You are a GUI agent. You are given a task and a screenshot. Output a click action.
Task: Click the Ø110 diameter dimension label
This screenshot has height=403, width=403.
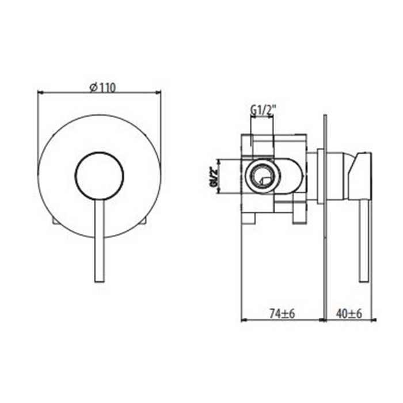[x=102, y=88]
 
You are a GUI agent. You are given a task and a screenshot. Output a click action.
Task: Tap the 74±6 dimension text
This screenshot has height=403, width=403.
[x=282, y=314]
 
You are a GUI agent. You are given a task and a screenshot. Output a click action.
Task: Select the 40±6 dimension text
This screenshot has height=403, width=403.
[x=349, y=314]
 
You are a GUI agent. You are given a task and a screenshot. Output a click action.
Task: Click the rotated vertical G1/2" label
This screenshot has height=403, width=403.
[x=214, y=177]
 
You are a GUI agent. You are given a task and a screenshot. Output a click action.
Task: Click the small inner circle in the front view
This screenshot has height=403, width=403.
[x=99, y=176]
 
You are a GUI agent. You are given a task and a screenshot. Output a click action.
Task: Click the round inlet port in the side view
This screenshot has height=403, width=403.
[x=263, y=176]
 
